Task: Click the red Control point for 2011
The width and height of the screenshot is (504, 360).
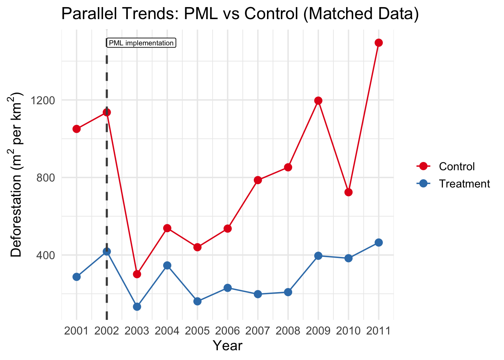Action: pyautogui.click(x=379, y=43)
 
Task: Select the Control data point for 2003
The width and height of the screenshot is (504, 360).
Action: pyautogui.click(x=137, y=274)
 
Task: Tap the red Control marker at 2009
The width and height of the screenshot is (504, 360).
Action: pyautogui.click(x=318, y=100)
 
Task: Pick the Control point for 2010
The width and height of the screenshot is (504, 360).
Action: pyautogui.click(x=348, y=192)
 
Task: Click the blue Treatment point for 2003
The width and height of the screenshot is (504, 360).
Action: pyautogui.click(x=137, y=307)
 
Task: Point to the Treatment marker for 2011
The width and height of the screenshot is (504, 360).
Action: pyautogui.click(x=379, y=243)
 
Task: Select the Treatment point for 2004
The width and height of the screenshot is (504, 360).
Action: pyautogui.click(x=167, y=265)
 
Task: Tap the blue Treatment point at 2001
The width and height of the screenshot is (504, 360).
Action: pyautogui.click(x=76, y=277)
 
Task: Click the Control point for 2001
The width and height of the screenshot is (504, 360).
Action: pyautogui.click(x=76, y=129)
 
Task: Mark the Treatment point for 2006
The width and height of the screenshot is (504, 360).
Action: pyautogui.click(x=228, y=288)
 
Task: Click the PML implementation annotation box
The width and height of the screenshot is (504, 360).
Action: pyautogui.click(x=141, y=43)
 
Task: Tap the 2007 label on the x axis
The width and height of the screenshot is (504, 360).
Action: pyautogui.click(x=258, y=331)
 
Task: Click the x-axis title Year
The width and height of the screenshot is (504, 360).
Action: pyautogui.click(x=228, y=346)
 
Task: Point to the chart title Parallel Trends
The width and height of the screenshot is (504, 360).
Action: pyautogui.click(x=240, y=14)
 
